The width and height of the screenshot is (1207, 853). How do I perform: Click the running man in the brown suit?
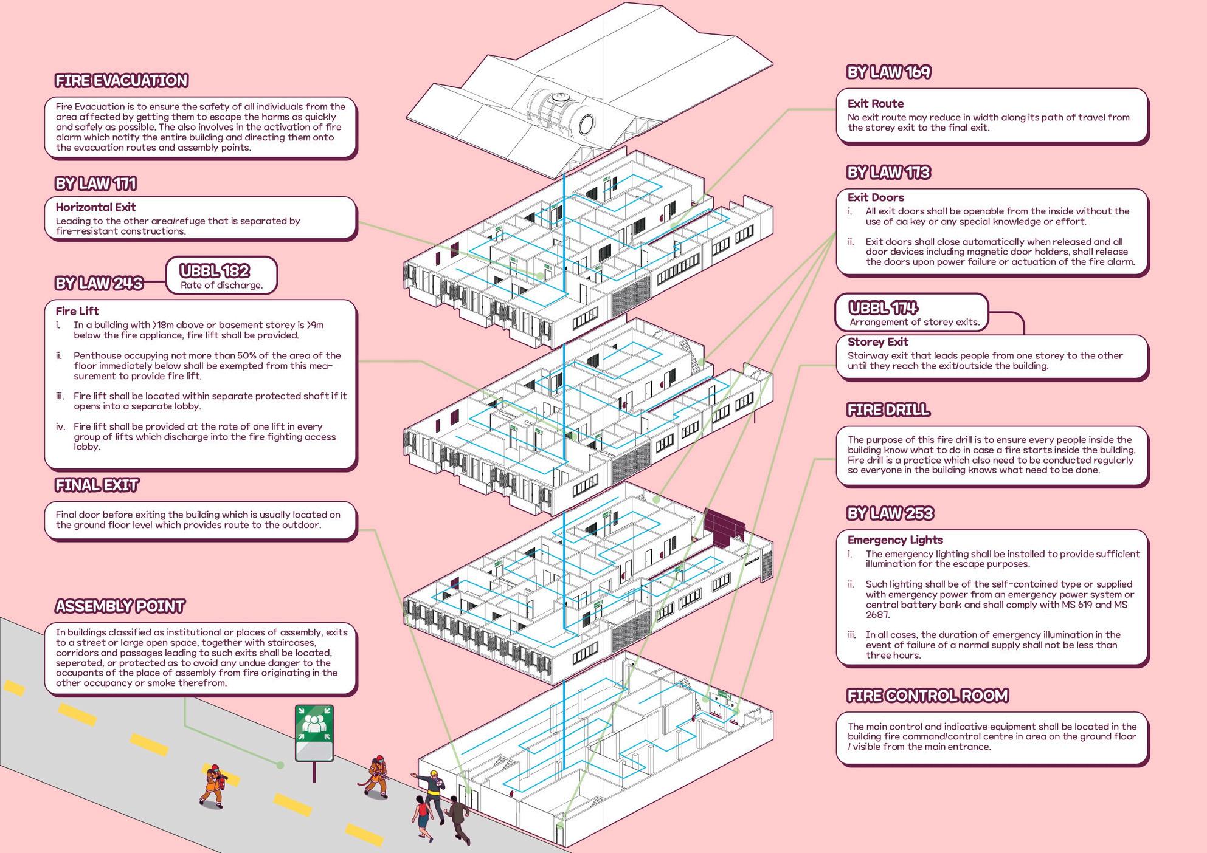point(457,817)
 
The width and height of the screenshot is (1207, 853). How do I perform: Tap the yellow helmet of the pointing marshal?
point(434,774)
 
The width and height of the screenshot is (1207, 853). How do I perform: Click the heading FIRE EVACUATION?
point(122,81)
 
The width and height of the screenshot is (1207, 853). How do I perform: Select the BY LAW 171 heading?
point(95,183)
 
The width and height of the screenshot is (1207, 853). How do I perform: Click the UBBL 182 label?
point(215,271)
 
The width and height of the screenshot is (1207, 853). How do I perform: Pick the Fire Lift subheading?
point(77,311)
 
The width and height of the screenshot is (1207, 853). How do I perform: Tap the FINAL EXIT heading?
point(97,485)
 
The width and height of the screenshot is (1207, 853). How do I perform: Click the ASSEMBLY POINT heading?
point(120,606)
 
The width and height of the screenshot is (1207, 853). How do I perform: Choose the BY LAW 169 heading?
point(888,72)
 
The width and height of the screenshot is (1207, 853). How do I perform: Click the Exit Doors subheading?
point(876,197)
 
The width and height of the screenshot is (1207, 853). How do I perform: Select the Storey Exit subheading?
point(877,342)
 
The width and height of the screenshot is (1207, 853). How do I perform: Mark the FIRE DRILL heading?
point(888,410)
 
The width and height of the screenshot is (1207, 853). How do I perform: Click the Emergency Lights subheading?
point(895,540)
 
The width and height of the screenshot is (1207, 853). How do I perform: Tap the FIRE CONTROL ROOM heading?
point(927,696)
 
